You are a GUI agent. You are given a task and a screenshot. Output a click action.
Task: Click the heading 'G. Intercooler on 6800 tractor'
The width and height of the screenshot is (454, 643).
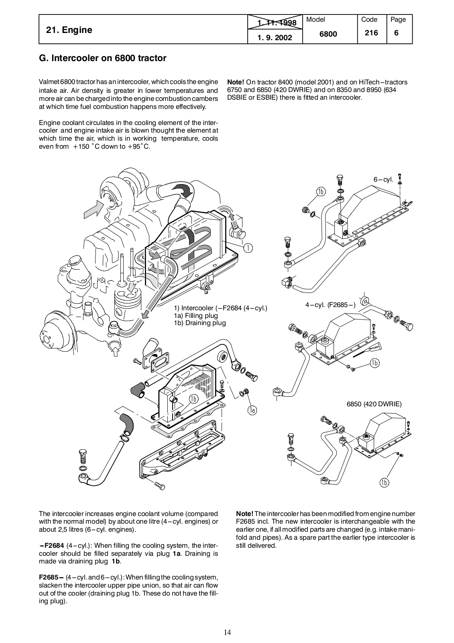point(102,58)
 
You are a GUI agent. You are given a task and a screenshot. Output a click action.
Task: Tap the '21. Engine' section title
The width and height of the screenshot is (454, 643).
point(69,30)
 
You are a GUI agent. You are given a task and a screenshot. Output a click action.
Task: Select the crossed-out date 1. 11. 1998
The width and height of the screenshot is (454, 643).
point(277,23)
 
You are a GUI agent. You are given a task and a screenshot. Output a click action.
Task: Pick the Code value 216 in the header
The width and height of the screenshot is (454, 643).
point(371,33)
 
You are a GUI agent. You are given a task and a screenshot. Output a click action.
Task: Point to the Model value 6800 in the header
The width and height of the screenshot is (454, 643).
point(328,34)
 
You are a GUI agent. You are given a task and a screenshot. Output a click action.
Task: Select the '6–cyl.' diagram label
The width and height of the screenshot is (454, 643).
point(384,179)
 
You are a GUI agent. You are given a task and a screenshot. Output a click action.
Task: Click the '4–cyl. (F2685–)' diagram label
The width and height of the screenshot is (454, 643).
point(330,305)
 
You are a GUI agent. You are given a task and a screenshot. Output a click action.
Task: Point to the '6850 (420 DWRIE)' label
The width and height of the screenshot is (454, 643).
point(374,404)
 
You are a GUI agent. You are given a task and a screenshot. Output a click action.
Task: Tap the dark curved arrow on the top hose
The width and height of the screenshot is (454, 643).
point(183,190)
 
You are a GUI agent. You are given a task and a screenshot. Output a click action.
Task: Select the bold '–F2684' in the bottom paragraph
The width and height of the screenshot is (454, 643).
point(52,545)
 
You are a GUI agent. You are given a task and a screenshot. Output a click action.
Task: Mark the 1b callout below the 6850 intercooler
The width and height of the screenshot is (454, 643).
point(384,482)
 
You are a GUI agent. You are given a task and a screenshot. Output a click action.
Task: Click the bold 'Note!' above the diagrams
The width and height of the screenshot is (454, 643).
point(236,82)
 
